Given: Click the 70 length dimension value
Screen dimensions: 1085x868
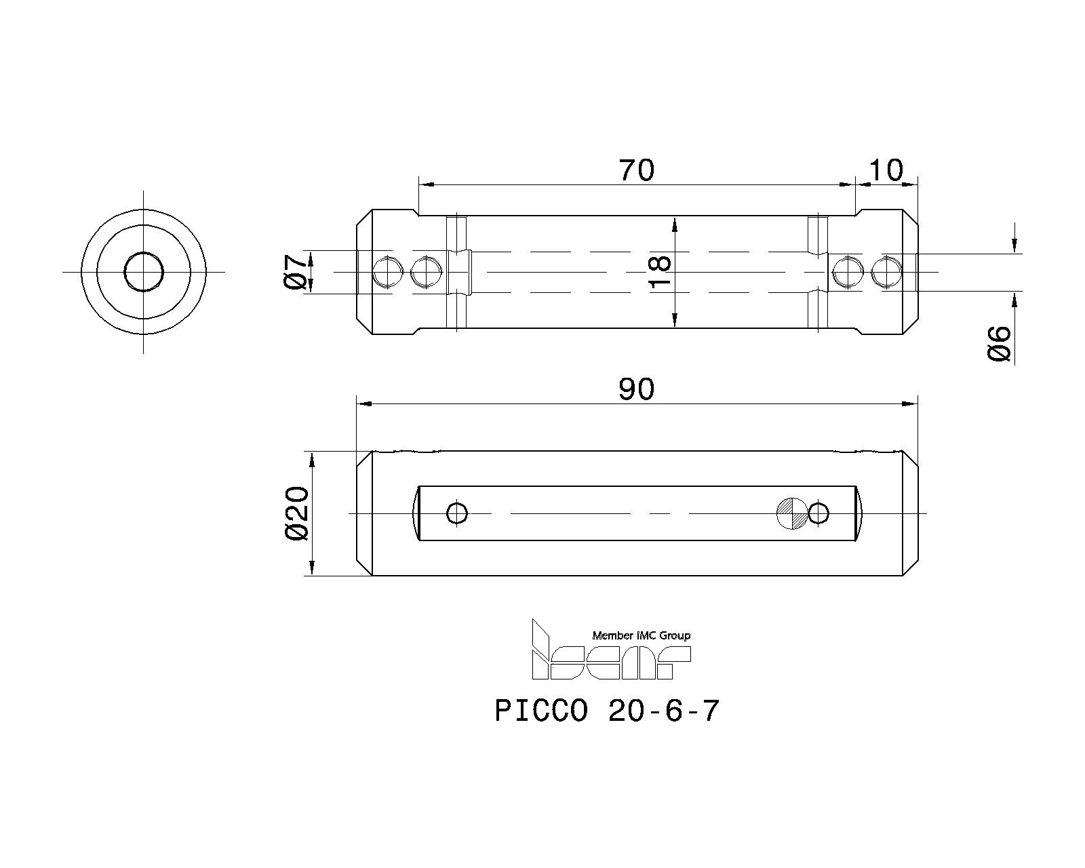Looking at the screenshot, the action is [x=637, y=170].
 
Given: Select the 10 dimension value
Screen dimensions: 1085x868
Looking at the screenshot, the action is [x=886, y=170].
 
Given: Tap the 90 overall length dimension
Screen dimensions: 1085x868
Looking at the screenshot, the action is [x=636, y=389].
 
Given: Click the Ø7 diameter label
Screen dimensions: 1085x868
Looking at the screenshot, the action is [x=296, y=272].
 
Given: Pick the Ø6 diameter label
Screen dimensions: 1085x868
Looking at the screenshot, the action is [x=999, y=343].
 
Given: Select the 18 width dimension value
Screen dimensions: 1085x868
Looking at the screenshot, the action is [x=659, y=271].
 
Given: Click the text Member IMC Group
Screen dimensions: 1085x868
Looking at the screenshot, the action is [x=641, y=635].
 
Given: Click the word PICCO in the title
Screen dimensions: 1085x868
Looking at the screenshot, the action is [x=541, y=711].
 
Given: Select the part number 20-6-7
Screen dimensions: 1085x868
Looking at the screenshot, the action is [x=663, y=711].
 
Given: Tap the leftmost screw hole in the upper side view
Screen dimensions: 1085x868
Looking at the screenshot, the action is [x=388, y=273].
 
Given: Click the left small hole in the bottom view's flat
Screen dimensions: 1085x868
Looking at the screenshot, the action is [x=457, y=513].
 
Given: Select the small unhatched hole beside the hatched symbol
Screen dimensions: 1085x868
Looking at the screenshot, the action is [x=818, y=513].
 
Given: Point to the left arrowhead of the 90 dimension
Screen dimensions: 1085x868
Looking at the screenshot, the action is [x=364, y=403].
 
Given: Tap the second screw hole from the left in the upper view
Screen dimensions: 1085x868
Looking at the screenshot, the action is [x=427, y=273].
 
